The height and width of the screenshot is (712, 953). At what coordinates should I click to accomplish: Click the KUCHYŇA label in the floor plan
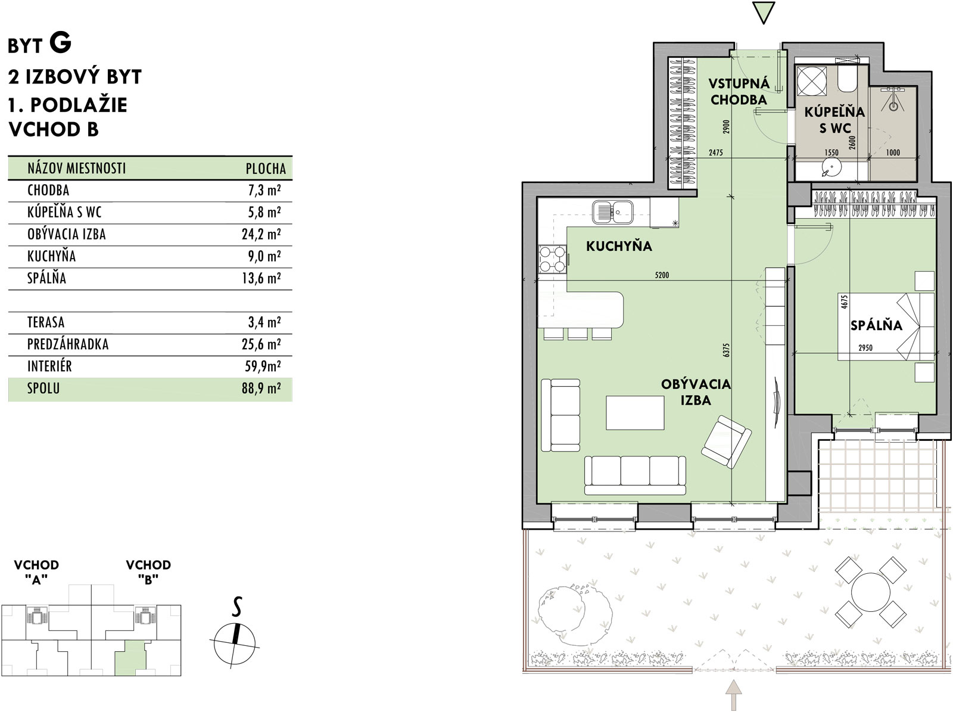[619, 246]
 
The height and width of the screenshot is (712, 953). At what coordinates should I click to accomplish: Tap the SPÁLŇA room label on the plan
[876, 325]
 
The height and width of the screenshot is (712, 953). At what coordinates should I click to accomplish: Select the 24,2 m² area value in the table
[261, 234]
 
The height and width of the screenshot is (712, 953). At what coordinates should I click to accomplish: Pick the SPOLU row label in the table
[43, 388]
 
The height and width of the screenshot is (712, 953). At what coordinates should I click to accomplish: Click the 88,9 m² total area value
[261, 388]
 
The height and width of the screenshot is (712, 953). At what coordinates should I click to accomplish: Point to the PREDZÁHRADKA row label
[68, 344]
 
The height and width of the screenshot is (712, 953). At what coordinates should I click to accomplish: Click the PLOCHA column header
[266, 169]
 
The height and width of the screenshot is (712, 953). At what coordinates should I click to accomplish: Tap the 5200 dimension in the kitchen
[662, 275]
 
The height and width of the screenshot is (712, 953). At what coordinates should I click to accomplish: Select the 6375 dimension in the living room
[727, 350]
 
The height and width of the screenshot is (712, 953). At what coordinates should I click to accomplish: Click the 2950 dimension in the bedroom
[865, 347]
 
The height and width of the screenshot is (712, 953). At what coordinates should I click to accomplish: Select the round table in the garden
[871, 592]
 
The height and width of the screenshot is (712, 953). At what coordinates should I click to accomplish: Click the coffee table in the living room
[635, 412]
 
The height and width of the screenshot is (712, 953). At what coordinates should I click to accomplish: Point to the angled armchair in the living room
[726, 442]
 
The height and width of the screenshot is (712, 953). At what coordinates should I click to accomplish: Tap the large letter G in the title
[60, 43]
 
